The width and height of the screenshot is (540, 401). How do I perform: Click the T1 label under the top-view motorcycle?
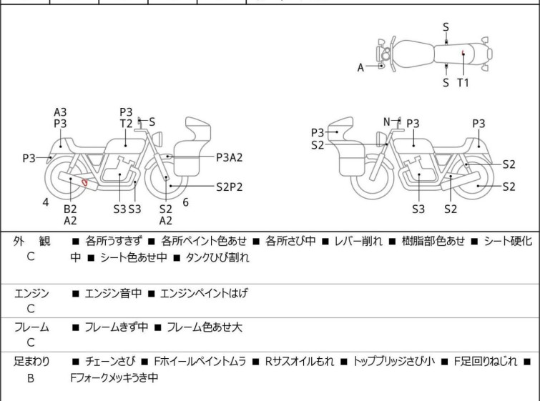[463, 83]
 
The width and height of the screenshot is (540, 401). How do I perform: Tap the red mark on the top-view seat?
[463, 52]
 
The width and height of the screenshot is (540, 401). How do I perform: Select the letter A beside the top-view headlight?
[360, 67]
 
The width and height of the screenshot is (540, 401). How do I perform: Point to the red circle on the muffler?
[84, 182]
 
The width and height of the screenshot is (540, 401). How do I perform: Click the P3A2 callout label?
[230, 157]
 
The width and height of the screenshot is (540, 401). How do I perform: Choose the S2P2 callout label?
[230, 187]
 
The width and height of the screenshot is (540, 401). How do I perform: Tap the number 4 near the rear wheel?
[46, 202]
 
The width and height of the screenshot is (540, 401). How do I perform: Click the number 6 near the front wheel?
[186, 202]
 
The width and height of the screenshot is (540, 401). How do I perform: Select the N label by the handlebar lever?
[387, 122]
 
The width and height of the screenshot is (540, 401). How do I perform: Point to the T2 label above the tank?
[126, 124]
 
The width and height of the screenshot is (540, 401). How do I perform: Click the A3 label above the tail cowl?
[60, 112]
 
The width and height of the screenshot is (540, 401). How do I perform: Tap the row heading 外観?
[31, 241]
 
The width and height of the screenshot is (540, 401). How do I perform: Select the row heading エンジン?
[31, 293]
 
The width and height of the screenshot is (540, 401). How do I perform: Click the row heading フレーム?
[31, 327]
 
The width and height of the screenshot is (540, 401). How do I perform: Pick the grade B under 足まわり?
[31, 378]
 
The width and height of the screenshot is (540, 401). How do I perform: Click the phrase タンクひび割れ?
[217, 257]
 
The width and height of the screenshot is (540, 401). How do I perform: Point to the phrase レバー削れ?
[358, 241]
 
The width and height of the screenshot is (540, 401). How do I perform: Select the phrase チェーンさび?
[110, 362]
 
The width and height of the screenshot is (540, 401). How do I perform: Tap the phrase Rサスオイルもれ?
[299, 362]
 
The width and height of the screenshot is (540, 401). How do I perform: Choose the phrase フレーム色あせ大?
[205, 327]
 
